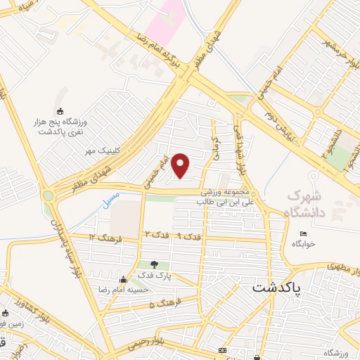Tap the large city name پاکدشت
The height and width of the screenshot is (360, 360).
point(276,288)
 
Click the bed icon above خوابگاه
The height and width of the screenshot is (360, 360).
point(303,234)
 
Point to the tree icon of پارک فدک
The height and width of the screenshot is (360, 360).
point(153,264)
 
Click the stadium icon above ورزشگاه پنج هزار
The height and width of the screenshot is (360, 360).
point(60,111)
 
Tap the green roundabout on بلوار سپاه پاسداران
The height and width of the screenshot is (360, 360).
point(48,195)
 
